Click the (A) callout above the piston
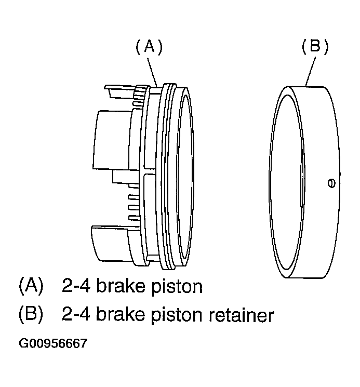click(x=149, y=47)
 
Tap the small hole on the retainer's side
click(x=331, y=183)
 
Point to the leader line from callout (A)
click(x=152, y=71)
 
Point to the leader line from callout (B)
click(x=311, y=71)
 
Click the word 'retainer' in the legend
click(x=242, y=315)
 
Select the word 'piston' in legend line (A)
click(x=177, y=287)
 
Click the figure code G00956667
click(x=53, y=343)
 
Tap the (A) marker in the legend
click(x=31, y=286)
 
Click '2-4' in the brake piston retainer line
click(x=76, y=314)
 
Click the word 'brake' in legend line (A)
click(x=121, y=286)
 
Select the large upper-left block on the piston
click(x=111, y=140)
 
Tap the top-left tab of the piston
click(x=120, y=91)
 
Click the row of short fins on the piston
click(x=134, y=207)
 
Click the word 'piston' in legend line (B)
click(x=177, y=315)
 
